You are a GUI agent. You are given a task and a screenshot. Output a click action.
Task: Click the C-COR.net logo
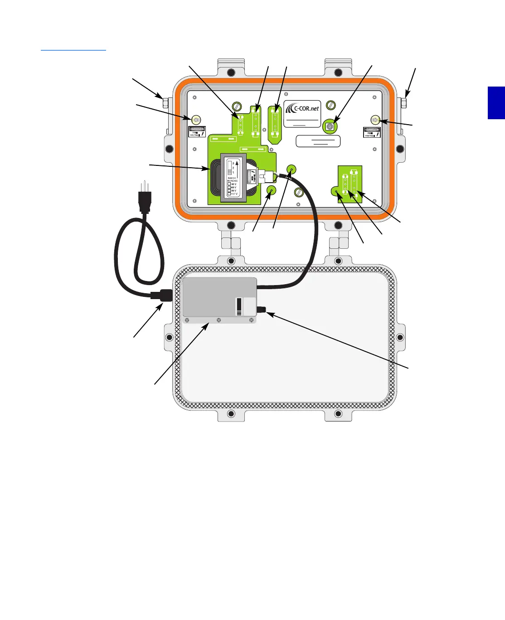pyautogui.click(x=302, y=109)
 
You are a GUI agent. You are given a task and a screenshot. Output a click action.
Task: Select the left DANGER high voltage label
pyautogui.click(x=197, y=132)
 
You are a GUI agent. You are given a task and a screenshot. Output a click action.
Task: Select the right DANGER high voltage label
pyautogui.click(x=372, y=132)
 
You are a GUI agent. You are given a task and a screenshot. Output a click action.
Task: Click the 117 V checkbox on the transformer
pyautogui.click(x=229, y=194)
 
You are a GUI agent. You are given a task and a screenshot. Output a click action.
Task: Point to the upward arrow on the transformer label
pyautogui.click(x=237, y=166)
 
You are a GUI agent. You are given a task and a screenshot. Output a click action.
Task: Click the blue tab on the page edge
pyautogui.click(x=496, y=103)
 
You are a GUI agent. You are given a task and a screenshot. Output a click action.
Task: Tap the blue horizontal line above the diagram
pyautogui.click(x=73, y=50)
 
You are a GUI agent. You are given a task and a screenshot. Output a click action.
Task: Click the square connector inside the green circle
pyautogui.click(x=330, y=126)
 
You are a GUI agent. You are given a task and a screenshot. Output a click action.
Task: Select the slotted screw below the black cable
pyautogui.click(x=299, y=192)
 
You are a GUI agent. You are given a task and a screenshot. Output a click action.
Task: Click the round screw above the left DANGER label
pyautogui.click(x=197, y=120)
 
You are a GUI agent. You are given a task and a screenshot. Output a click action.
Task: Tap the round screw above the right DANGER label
pyautogui.click(x=375, y=120)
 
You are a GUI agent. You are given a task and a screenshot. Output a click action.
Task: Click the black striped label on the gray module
pyautogui.click(x=239, y=307)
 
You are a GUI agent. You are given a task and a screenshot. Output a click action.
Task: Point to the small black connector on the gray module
pyautogui.click(x=262, y=310)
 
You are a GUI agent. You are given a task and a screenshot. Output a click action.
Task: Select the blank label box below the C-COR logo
pyautogui.click(x=318, y=141)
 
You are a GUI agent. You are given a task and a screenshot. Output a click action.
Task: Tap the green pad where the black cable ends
pyautogui.click(x=291, y=170)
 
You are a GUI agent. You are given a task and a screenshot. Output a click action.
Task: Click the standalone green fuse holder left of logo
pyautogui.click(x=275, y=122)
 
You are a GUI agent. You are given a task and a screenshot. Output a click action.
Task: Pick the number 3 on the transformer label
pyautogui.click(x=233, y=163)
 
